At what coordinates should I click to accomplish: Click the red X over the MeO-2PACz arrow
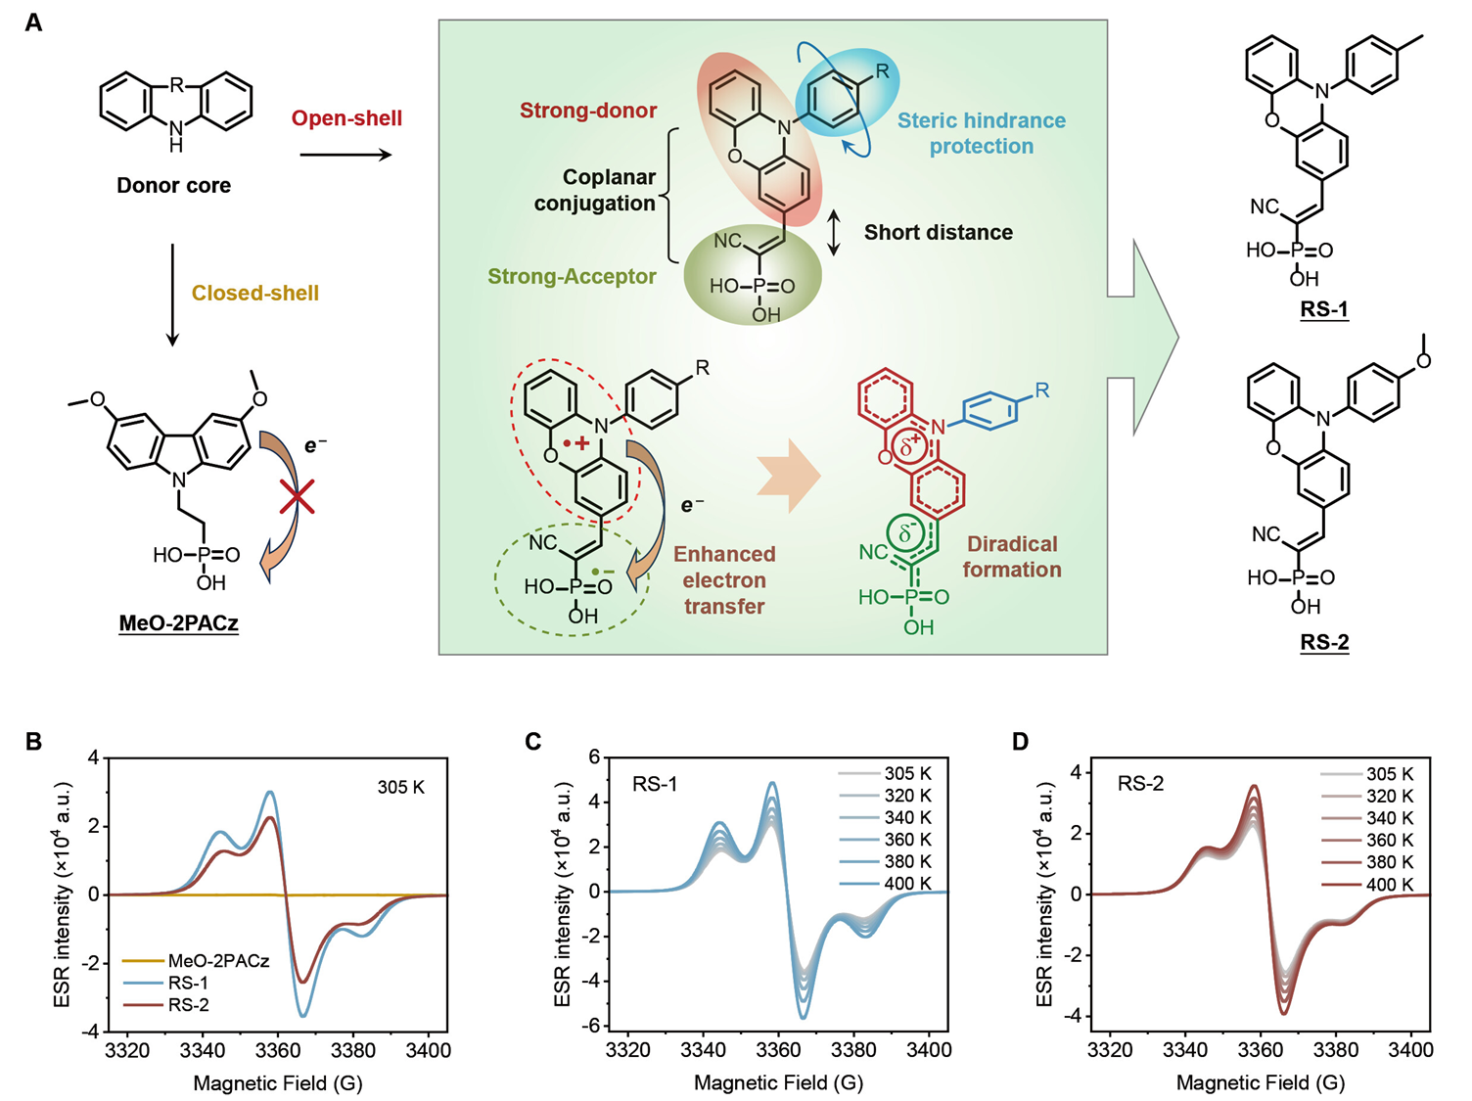[297, 496]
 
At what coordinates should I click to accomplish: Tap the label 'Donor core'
[173, 185]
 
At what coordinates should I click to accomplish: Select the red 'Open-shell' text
[346, 118]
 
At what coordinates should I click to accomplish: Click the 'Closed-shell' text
[254, 293]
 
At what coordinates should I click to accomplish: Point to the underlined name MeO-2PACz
[178, 622]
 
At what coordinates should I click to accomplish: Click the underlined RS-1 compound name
[1324, 309]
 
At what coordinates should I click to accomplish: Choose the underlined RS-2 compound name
[1324, 642]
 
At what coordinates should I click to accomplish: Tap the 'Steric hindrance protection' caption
[982, 133]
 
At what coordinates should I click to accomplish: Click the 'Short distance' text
[938, 232]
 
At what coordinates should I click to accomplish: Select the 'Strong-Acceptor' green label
[572, 276]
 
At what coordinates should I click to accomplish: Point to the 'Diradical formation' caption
[1012, 557]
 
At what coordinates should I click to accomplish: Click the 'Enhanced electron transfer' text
[724, 580]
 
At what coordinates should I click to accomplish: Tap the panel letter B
[34, 741]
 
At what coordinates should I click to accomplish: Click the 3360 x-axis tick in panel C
[778, 1050]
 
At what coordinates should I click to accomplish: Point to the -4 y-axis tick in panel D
[1075, 1016]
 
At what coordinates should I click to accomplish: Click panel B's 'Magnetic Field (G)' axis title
[278, 1082]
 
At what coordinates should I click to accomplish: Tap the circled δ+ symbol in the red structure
[910, 446]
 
